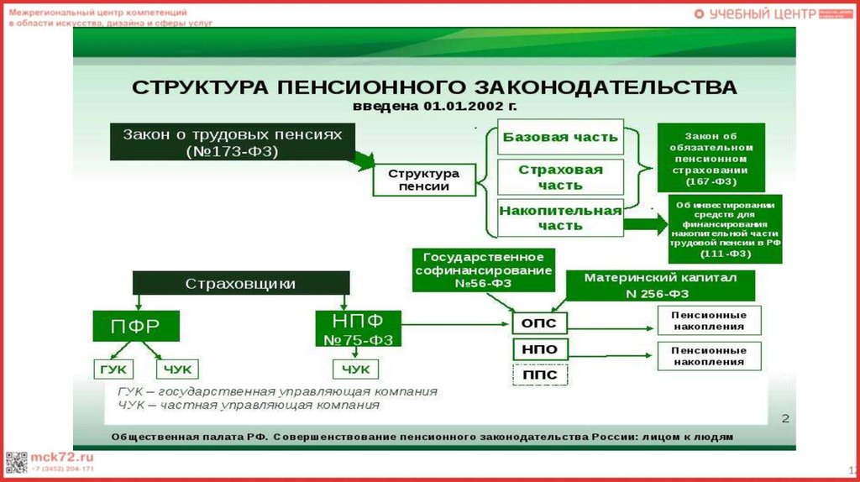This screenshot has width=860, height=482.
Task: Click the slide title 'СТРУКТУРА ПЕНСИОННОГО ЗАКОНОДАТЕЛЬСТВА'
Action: (435, 88)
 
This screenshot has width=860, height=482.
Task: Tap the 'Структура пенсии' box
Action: (424, 180)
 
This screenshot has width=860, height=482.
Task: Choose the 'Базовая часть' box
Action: (560, 137)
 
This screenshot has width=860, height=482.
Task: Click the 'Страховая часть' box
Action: (560, 176)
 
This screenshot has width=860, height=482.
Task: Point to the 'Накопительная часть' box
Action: (560, 217)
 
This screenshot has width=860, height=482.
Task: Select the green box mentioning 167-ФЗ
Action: (711, 157)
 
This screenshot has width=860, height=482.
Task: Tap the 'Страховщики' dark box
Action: (240, 283)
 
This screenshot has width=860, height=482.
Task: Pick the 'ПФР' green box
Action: (135, 326)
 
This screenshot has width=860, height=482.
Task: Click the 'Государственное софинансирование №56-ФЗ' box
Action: (484, 270)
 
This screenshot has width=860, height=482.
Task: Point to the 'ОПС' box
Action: (539, 323)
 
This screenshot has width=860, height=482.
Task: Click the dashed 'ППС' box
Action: (539, 375)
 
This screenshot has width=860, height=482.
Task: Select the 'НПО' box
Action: (539, 349)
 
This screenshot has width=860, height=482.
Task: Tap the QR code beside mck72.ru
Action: (17, 462)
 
